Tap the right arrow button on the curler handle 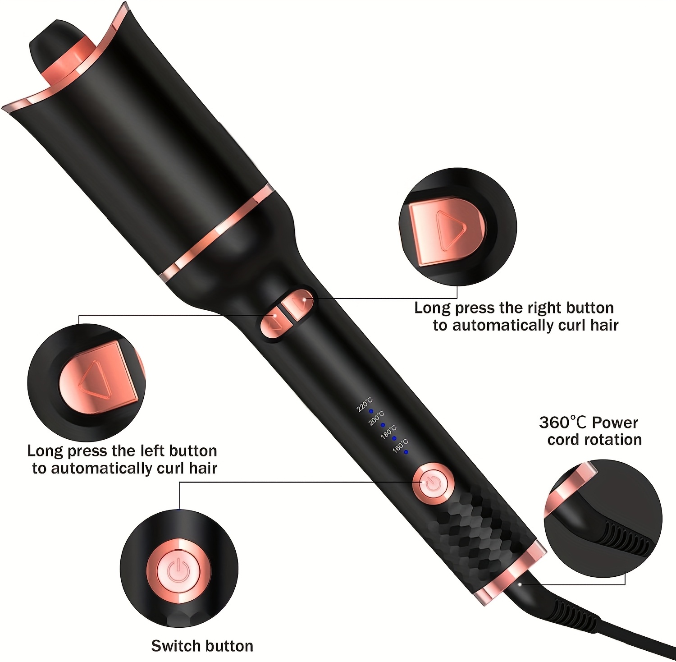pyautogui.click(x=300, y=305)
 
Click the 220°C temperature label pyautogui.click(x=365, y=404)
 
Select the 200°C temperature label pyautogui.click(x=376, y=418)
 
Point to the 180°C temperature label pyautogui.click(x=388, y=432)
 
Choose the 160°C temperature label pyautogui.click(x=400, y=446)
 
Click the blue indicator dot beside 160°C pyautogui.click(x=406, y=452)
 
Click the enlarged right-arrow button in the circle pyautogui.click(x=446, y=230)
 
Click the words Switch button pyautogui.click(x=202, y=646)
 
